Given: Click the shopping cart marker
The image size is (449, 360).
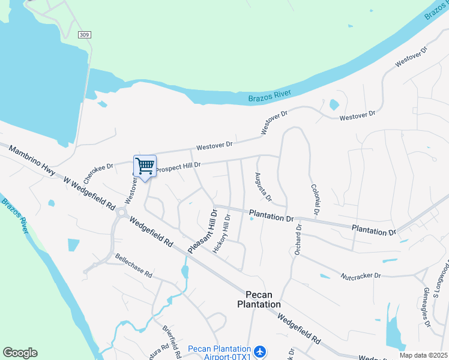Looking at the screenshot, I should coord(145,166).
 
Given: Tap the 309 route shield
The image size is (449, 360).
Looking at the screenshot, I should coord(85,35).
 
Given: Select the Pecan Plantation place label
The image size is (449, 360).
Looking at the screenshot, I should coord(263,299).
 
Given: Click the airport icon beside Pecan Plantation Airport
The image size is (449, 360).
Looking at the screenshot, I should coord(259,351).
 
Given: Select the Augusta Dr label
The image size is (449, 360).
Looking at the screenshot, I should coord(263,187).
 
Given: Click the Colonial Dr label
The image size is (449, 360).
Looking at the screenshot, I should coord(315,200).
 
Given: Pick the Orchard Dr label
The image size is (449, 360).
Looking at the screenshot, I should coord(298,239).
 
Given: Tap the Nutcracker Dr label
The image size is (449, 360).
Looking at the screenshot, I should coord(361,275).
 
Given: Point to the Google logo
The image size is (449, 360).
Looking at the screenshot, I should coord(20,353).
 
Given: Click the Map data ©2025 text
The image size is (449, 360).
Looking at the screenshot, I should coord(423,355).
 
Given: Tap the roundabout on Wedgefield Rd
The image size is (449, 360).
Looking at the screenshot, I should coord(122,212).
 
